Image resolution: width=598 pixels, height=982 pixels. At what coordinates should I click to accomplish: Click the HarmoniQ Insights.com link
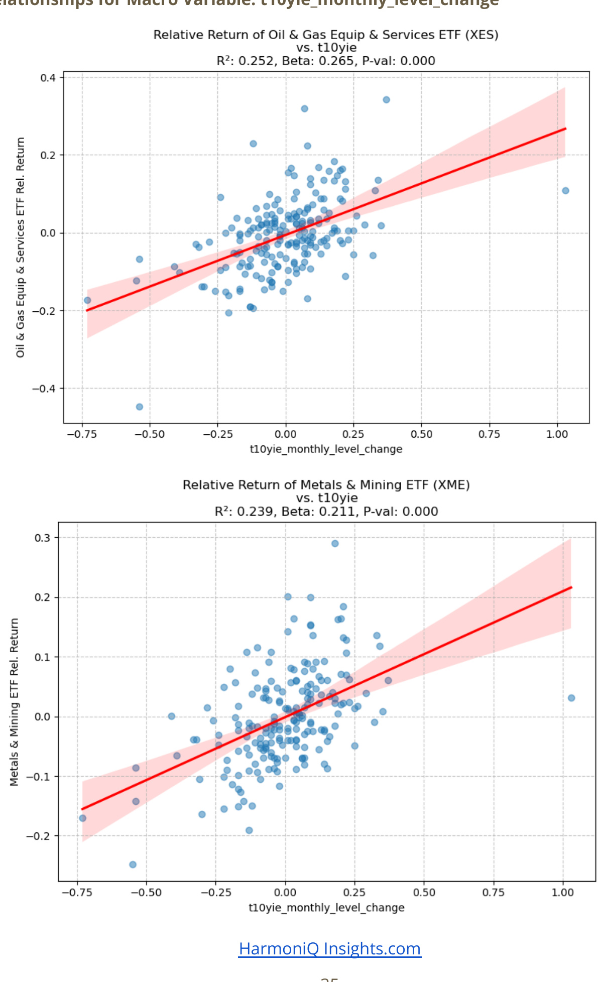[x=329, y=948]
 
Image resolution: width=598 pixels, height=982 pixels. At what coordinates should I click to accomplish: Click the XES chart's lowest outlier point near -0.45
[x=140, y=407]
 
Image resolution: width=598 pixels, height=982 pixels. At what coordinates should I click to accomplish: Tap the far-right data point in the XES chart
[x=565, y=191]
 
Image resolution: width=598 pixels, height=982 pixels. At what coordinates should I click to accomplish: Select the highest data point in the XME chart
[x=335, y=544]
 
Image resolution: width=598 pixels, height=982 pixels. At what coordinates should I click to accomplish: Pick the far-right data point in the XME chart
[x=571, y=698]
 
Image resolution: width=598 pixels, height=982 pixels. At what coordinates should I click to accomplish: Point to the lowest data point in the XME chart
[x=133, y=865]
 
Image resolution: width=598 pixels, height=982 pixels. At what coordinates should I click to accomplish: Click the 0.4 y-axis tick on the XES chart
[x=48, y=78]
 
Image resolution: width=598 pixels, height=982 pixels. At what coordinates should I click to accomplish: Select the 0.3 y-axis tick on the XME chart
[x=43, y=538]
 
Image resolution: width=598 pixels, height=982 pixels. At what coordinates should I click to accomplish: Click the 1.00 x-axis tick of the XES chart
[x=557, y=434]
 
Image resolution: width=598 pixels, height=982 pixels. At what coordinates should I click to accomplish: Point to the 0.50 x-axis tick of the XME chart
[x=424, y=893]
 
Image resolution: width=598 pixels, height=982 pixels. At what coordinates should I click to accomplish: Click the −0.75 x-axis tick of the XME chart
[x=77, y=893]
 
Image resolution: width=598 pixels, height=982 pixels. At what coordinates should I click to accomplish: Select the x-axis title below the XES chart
[x=326, y=449]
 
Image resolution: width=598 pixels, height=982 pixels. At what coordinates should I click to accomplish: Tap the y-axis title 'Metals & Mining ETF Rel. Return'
[x=14, y=702]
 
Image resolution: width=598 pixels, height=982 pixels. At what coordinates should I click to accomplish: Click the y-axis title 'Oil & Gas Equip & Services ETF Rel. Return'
[x=20, y=247]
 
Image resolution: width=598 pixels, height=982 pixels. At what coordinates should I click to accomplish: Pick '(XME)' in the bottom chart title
[x=453, y=485]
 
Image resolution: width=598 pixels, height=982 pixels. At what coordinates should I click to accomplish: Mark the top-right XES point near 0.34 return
[x=386, y=100]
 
